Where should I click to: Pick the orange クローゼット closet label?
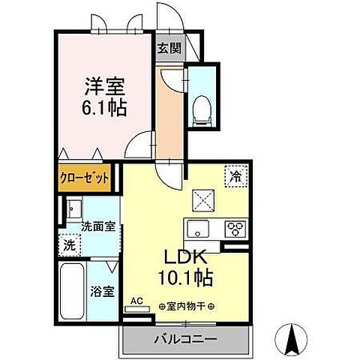84,178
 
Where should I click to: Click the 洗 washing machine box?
69,244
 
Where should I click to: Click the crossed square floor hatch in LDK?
203,200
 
